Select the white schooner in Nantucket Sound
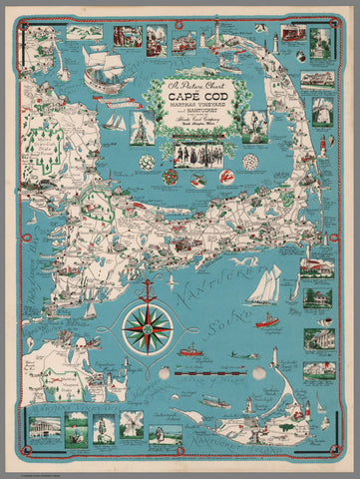click(263, 284)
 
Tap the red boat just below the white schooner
click(266, 320)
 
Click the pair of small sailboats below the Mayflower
click(118, 123)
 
